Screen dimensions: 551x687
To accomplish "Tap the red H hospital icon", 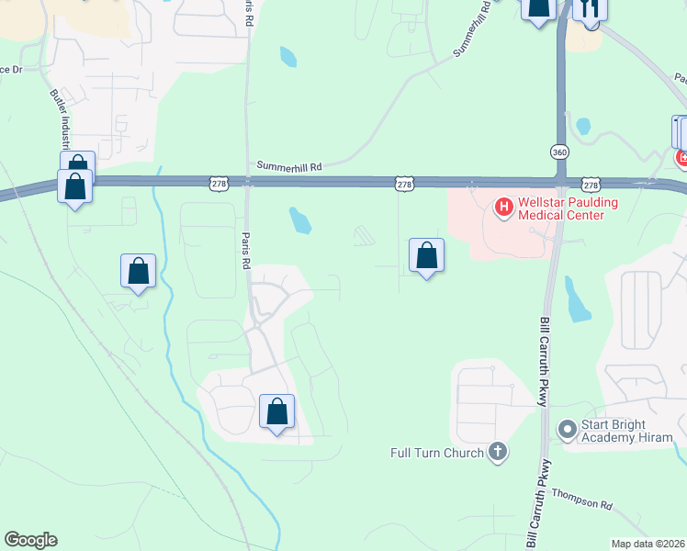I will coord(503,208).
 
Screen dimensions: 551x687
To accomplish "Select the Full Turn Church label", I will coord(436,453).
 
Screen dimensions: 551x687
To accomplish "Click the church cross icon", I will coord(498,451).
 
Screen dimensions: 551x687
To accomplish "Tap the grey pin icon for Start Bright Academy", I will coord(567,429).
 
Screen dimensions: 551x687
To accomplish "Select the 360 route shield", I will coord(559,152).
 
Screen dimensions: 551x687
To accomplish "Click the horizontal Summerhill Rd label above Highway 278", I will coord(290,167).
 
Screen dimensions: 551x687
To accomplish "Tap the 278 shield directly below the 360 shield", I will coord(591,184).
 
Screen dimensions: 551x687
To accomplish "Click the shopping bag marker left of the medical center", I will coord(426,256).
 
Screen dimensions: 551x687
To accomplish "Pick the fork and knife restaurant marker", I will coord(590,9).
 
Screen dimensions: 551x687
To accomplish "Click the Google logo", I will coord(30,540).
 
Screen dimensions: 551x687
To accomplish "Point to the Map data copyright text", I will coord(648,544).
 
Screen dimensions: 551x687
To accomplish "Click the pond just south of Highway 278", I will coord(299,219).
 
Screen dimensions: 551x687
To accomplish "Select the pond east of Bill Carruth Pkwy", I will coord(578,300).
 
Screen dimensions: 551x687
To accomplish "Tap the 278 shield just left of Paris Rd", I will coord(219,184).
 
